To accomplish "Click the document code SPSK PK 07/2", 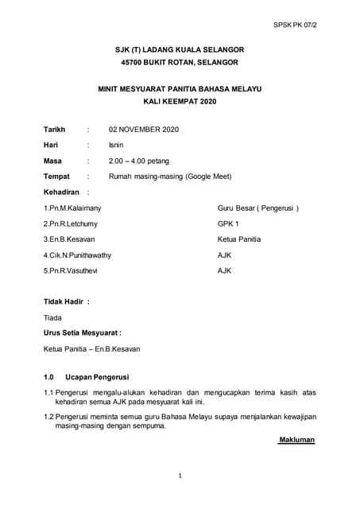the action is click(x=315, y=24).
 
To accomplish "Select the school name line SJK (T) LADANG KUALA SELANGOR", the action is click(x=180, y=49).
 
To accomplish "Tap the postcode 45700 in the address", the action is click(x=134, y=64).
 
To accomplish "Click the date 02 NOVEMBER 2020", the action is click(x=144, y=129).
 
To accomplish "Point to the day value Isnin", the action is click(x=116, y=145).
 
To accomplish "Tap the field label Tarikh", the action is click(x=55, y=129).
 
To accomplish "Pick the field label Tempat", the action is click(x=56, y=177).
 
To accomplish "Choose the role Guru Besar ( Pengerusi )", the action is click(x=258, y=208).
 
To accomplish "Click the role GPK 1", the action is click(x=228, y=223).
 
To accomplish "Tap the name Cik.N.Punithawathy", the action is click(x=77, y=255).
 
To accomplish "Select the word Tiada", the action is click(x=52, y=317).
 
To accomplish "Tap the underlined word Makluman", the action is click(x=297, y=439).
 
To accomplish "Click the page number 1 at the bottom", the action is click(x=180, y=476).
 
